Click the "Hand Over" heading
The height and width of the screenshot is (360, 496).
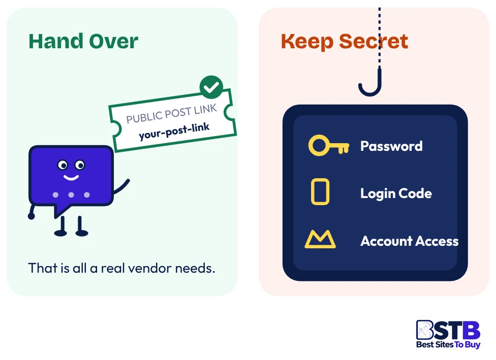(83, 42)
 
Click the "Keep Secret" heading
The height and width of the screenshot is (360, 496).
(345, 42)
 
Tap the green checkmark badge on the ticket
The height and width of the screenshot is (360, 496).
(211, 87)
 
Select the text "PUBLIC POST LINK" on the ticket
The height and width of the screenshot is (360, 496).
(171, 113)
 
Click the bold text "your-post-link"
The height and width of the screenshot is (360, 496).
(174, 131)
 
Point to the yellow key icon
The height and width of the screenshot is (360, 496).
(329, 145)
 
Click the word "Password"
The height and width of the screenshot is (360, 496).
(391, 146)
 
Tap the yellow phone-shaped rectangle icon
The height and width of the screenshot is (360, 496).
(320, 192)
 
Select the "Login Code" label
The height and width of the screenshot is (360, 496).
(396, 193)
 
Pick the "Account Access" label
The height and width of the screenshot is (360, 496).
(409, 241)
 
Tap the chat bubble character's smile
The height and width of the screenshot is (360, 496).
(71, 177)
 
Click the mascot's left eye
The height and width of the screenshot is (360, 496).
(63, 165)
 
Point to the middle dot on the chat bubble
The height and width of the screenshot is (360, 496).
(71, 194)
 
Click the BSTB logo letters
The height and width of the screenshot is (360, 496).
(448, 330)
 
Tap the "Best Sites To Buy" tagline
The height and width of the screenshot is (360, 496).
(448, 344)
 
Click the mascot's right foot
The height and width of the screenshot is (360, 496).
(82, 233)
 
